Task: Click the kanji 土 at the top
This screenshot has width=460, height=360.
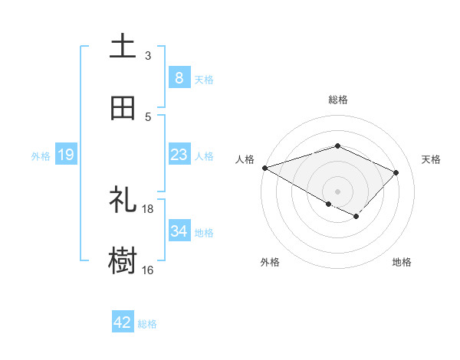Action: pyautogui.click(x=123, y=47)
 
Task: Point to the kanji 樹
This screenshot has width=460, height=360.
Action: pyautogui.click(x=123, y=261)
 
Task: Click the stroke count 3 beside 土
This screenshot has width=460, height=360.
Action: pyautogui.click(x=148, y=56)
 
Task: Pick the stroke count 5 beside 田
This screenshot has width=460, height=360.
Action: pyautogui.click(x=148, y=117)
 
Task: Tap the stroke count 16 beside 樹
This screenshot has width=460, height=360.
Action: pyautogui.click(x=148, y=270)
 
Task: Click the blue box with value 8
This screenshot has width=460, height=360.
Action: pyautogui.click(x=179, y=77)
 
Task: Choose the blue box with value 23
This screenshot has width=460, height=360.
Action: pyautogui.click(x=179, y=155)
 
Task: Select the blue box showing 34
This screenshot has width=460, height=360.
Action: pyautogui.click(x=179, y=231)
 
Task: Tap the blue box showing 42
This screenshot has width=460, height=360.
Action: pyautogui.click(x=123, y=322)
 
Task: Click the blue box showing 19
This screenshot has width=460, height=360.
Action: pyautogui.click(x=66, y=155)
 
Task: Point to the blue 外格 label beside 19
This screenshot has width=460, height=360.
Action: pyautogui.click(x=41, y=155)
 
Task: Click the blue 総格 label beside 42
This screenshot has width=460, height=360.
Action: pyautogui.click(x=147, y=323)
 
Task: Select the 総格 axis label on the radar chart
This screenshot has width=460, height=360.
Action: pyautogui.click(x=337, y=100)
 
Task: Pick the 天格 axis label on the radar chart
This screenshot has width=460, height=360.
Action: pyautogui.click(x=431, y=159)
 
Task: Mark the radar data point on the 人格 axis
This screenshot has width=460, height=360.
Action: pyautogui.click(x=264, y=168)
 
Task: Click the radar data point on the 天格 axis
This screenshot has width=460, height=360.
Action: pyautogui.click(x=396, y=172)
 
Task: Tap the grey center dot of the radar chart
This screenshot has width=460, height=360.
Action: pyautogui.click(x=337, y=191)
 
